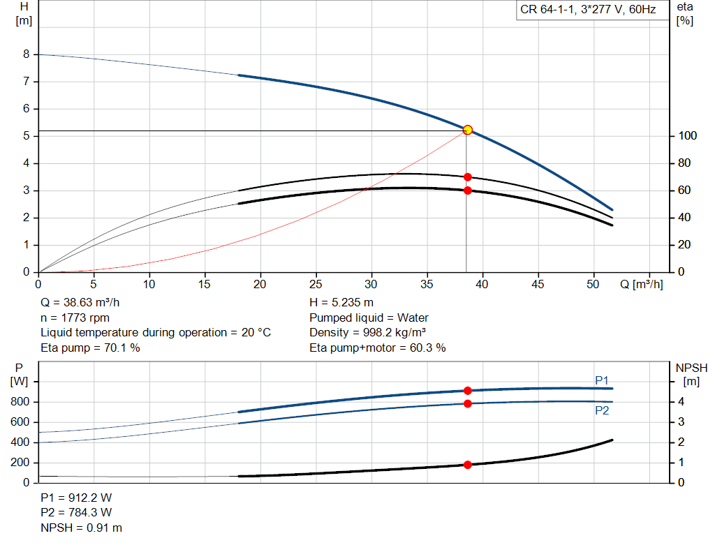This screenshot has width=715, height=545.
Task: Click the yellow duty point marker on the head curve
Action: tap(467, 130)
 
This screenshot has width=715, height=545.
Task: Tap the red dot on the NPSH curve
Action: tap(467, 465)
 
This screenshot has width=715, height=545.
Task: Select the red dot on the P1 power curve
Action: tap(467, 391)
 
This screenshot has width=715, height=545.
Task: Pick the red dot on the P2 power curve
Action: tap(467, 404)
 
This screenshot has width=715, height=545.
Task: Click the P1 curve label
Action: tap(602, 380)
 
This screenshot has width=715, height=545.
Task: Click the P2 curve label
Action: tap(602, 410)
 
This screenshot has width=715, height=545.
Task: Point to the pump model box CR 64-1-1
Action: tap(588, 10)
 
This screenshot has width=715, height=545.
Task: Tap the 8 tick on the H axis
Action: tap(27, 54)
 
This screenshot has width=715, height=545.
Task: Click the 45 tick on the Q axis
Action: tap(538, 284)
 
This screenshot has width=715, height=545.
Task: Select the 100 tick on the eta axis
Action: tap(687, 136)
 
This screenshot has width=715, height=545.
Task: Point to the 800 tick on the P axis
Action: tap(20, 402)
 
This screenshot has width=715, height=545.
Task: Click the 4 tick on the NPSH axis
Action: tap(681, 402)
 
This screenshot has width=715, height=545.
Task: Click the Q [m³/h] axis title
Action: tap(641, 284)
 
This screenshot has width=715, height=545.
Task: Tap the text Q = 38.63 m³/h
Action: tap(80, 303)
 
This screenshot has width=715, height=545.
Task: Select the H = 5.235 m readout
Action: tap(341, 303)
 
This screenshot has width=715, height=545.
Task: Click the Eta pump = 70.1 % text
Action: tap(90, 348)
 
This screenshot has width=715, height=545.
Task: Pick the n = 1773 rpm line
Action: tap(75, 318)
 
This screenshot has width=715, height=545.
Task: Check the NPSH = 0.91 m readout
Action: tap(82, 528)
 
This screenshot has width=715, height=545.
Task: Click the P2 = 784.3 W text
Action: tap(76, 513)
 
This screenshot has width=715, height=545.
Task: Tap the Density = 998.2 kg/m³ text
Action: tap(367, 333)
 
